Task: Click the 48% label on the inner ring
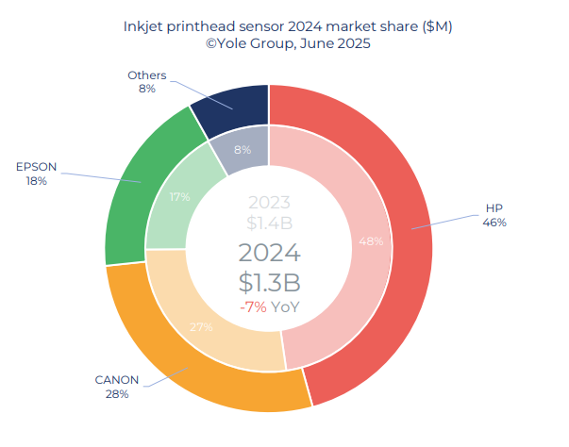[x=371, y=241]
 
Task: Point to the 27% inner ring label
[x=201, y=326]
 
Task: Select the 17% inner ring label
[x=180, y=197]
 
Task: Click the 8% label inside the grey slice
[x=243, y=149]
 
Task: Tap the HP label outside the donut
[x=494, y=208]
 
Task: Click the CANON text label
[x=117, y=380]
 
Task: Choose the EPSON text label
[x=37, y=167]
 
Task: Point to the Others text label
[x=146, y=75]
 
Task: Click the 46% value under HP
[x=494, y=223]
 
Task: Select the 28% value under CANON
[x=117, y=394]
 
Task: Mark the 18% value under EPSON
[x=37, y=180]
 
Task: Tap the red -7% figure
[x=253, y=307]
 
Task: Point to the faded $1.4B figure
[x=270, y=223]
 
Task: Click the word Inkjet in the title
[x=145, y=26]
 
